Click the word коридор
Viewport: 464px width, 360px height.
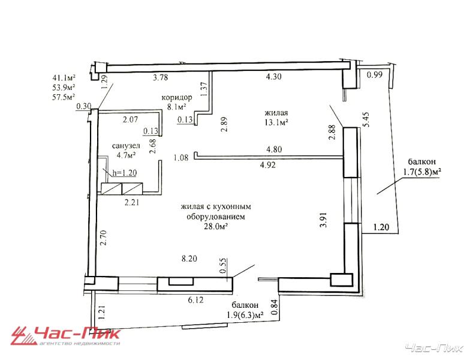pos(177,97)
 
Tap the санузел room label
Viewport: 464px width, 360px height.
pos(126,146)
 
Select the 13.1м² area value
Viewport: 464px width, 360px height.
pos(276,122)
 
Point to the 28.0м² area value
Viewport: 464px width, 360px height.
pos(216,226)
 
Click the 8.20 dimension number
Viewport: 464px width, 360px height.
pos(189,259)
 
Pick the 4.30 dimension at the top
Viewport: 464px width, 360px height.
pos(274,77)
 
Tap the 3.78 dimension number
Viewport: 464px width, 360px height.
pos(161,77)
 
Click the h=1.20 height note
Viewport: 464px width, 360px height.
pos(124,173)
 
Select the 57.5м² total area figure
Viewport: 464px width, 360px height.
pos(64,97)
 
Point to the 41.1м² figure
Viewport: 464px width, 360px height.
pos(64,78)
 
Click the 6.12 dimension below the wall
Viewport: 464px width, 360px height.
pos(195,300)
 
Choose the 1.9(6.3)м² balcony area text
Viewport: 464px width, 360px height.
pos(245,315)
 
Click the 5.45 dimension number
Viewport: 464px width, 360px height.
pos(366,119)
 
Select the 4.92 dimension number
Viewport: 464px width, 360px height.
pos(267,165)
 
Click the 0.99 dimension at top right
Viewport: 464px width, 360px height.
pos(375,74)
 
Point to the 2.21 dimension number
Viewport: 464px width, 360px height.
pos(131,203)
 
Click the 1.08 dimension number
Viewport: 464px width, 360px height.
pos(180,157)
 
